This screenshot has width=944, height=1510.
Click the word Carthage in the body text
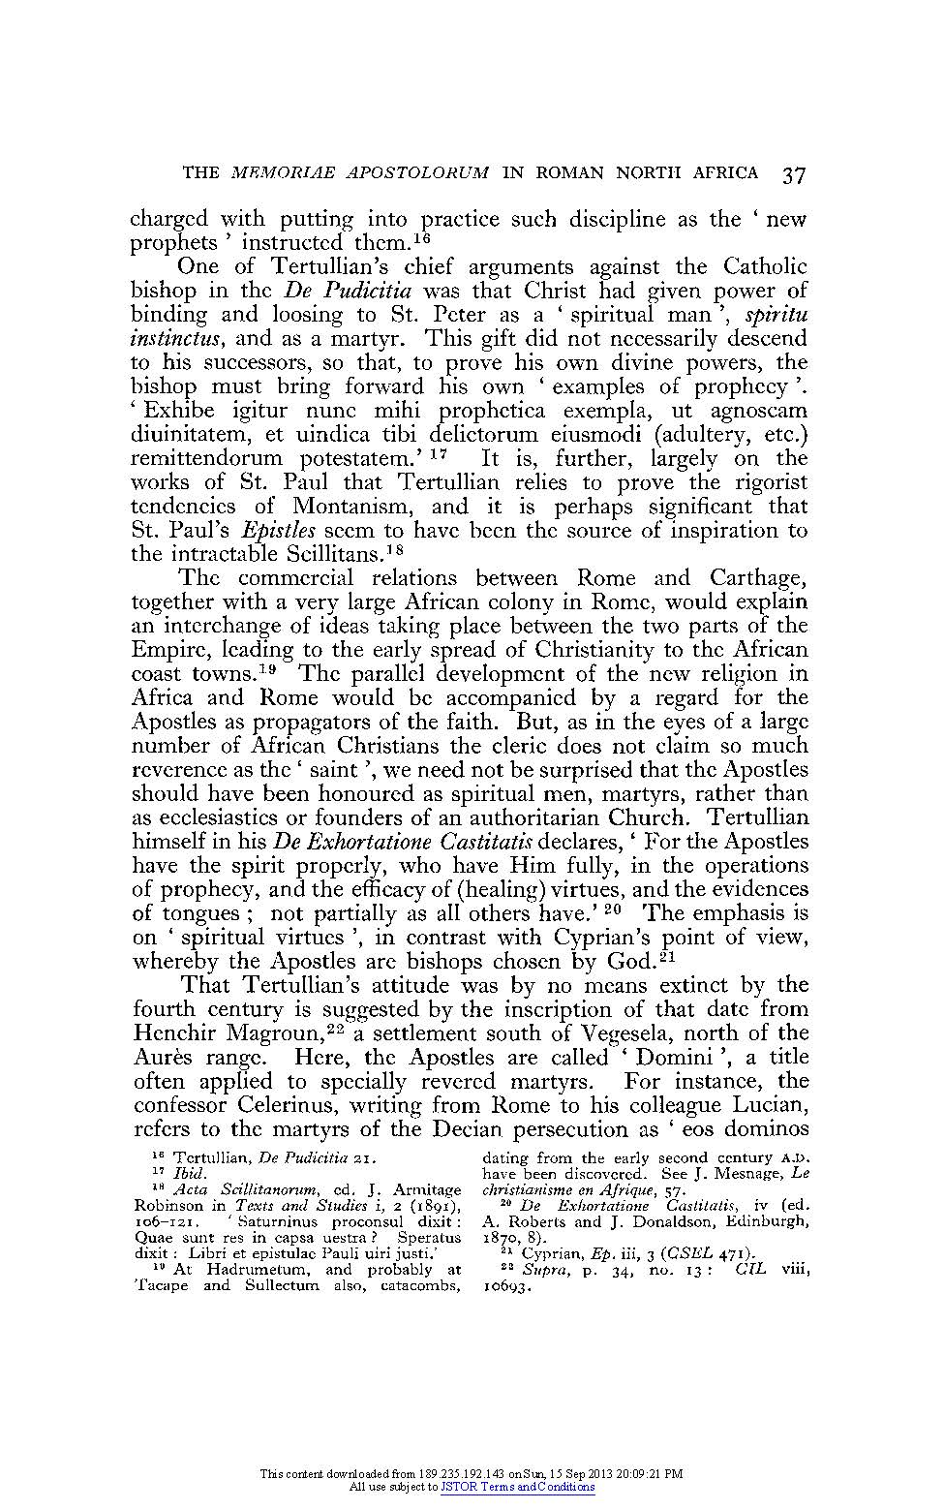coord(759,578)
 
